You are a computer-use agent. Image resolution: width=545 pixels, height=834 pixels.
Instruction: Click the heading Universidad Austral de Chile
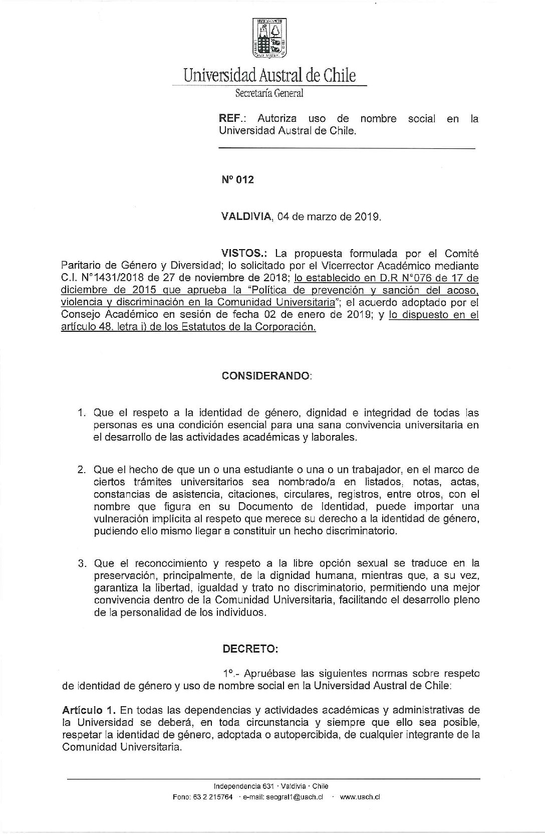pyautogui.click(x=269, y=75)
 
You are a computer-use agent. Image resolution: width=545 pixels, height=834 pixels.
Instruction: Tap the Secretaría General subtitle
pyautogui.click(x=269, y=93)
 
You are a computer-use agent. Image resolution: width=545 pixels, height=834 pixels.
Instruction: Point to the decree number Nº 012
pyautogui.click(x=237, y=179)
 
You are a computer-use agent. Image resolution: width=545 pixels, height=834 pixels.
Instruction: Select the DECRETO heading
pyautogui.click(x=250, y=649)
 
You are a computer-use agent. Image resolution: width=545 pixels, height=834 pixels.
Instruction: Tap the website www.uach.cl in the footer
pyautogui.click(x=360, y=797)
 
